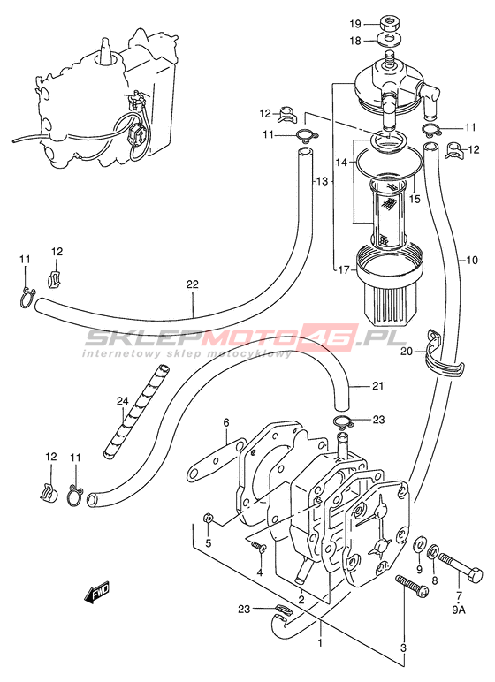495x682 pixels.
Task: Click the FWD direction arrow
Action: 97,593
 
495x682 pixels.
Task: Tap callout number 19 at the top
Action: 356,23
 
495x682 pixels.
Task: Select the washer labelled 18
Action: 390,40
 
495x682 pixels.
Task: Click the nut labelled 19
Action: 390,23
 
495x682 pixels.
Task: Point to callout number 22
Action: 193,284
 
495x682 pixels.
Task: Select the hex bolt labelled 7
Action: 461,568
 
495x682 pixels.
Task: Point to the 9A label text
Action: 459,610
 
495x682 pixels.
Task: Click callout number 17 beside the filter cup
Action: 344,270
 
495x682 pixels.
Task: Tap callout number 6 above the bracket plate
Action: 226,422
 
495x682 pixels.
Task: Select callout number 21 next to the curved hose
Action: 377,386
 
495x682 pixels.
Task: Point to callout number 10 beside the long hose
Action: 471,260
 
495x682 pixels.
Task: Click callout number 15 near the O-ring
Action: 415,199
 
